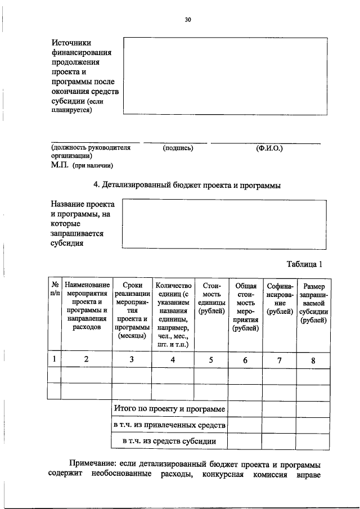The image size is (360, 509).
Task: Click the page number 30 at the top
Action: [188, 20]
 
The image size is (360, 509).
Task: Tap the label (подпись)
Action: [178, 148]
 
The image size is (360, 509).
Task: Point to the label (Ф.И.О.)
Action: [269, 148]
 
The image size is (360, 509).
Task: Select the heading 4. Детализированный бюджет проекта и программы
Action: [186, 185]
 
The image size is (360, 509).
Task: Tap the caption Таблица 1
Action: [304, 264]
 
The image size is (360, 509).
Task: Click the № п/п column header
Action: [55, 290]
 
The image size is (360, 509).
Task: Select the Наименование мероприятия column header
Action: [87, 306]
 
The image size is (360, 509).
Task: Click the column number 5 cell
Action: [210, 360]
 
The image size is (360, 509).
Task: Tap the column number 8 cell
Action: [313, 360]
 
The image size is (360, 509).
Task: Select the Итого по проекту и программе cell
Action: [169, 409]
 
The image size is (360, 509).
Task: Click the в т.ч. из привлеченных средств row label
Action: [169, 425]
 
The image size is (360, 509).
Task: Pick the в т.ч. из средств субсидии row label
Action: [169, 442]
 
